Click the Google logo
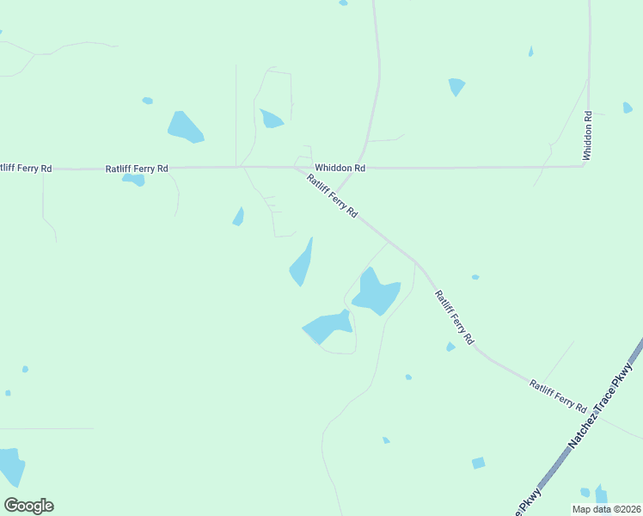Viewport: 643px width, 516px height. [28, 506]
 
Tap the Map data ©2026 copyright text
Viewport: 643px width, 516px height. [606, 509]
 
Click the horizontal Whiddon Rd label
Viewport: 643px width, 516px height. [340, 168]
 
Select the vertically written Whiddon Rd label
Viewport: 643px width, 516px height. [588, 135]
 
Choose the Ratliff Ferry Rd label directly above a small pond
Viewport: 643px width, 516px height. [137, 169]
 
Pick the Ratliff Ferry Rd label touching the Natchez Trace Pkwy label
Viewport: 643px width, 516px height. [558, 396]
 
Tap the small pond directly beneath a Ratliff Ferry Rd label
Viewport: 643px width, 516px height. [133, 180]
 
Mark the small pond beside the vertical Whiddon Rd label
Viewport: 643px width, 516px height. [628, 107]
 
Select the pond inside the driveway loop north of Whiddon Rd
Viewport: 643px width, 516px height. [272, 119]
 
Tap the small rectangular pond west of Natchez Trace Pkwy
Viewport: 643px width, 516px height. [478, 463]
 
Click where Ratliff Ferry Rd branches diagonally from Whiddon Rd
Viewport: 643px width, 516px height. [297, 168]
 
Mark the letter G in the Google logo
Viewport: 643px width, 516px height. [11, 506]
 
